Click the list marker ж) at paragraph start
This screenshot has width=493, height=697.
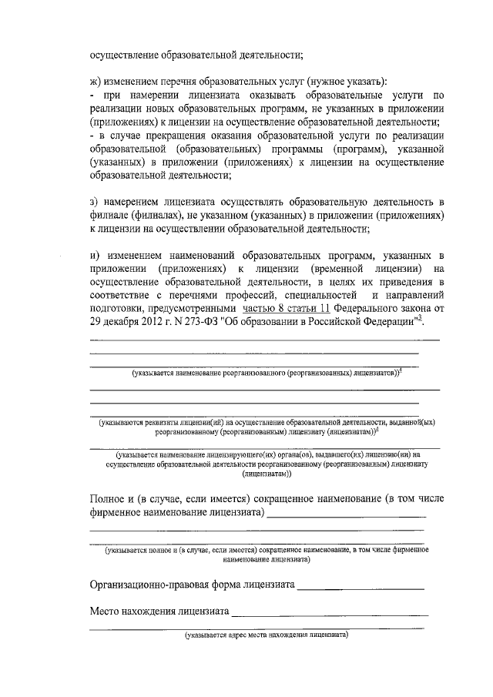pos(96,82)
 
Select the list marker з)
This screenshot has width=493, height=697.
pos(95,202)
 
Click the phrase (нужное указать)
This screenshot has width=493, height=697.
pos(346,82)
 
